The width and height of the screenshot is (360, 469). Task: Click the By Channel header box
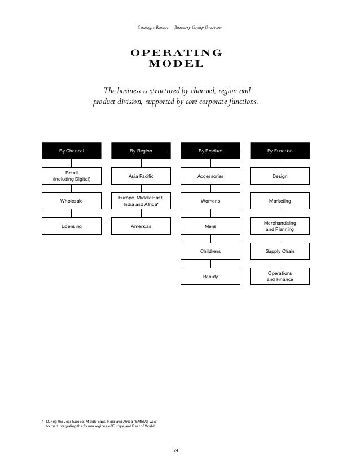coord(72,151)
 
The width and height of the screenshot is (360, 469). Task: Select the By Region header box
coord(141,151)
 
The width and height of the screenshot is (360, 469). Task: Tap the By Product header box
coord(210,151)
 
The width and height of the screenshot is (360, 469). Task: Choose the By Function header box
coord(280,151)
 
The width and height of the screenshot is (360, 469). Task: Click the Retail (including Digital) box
coord(72,176)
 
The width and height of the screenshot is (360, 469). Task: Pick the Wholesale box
coord(72,201)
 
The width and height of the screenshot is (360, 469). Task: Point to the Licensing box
coord(72,226)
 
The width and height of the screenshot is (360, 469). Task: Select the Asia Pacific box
coord(141,176)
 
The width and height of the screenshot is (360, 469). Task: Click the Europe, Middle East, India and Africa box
coord(141,201)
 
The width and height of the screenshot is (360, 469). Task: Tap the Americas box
coord(141,226)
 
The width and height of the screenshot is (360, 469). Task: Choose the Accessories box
coord(210,176)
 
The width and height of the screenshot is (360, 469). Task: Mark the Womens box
coord(210,201)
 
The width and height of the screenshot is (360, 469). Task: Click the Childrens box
coord(210,251)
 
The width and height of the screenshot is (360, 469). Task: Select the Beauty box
coord(210,277)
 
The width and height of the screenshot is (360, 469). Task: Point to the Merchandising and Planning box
coord(280,226)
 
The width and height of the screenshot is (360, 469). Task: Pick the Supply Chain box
coord(280,251)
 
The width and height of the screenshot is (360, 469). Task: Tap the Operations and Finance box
coord(280,276)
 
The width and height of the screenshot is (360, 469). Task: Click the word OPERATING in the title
coord(176,54)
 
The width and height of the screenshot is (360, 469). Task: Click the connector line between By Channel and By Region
coord(106,151)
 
